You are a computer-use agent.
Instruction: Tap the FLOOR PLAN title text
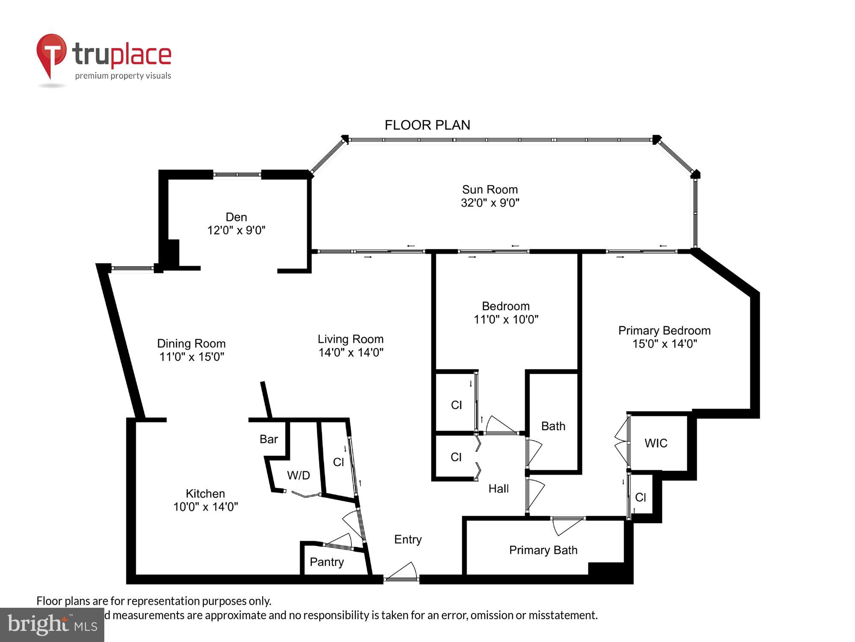[427, 125]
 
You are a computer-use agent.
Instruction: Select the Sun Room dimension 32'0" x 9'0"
[490, 203]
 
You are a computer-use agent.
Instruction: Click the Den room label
[236, 217]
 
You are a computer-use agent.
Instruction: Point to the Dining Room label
[191, 343]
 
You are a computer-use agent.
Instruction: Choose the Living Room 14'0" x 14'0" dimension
[351, 353]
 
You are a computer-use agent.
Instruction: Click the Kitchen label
[205, 493]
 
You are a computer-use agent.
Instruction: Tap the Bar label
[268, 439]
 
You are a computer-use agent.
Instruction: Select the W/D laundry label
[298, 475]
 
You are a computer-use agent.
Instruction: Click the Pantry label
[327, 562]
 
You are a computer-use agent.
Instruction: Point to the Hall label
[498, 489]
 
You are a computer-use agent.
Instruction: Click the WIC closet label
[656, 443]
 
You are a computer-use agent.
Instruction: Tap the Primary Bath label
[543, 550]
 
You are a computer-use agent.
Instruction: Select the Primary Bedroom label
[664, 330]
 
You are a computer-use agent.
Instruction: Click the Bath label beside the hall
[553, 426]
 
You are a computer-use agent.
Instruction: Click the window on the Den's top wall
[237, 175]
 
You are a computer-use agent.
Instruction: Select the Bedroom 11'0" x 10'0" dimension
[506, 320]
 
